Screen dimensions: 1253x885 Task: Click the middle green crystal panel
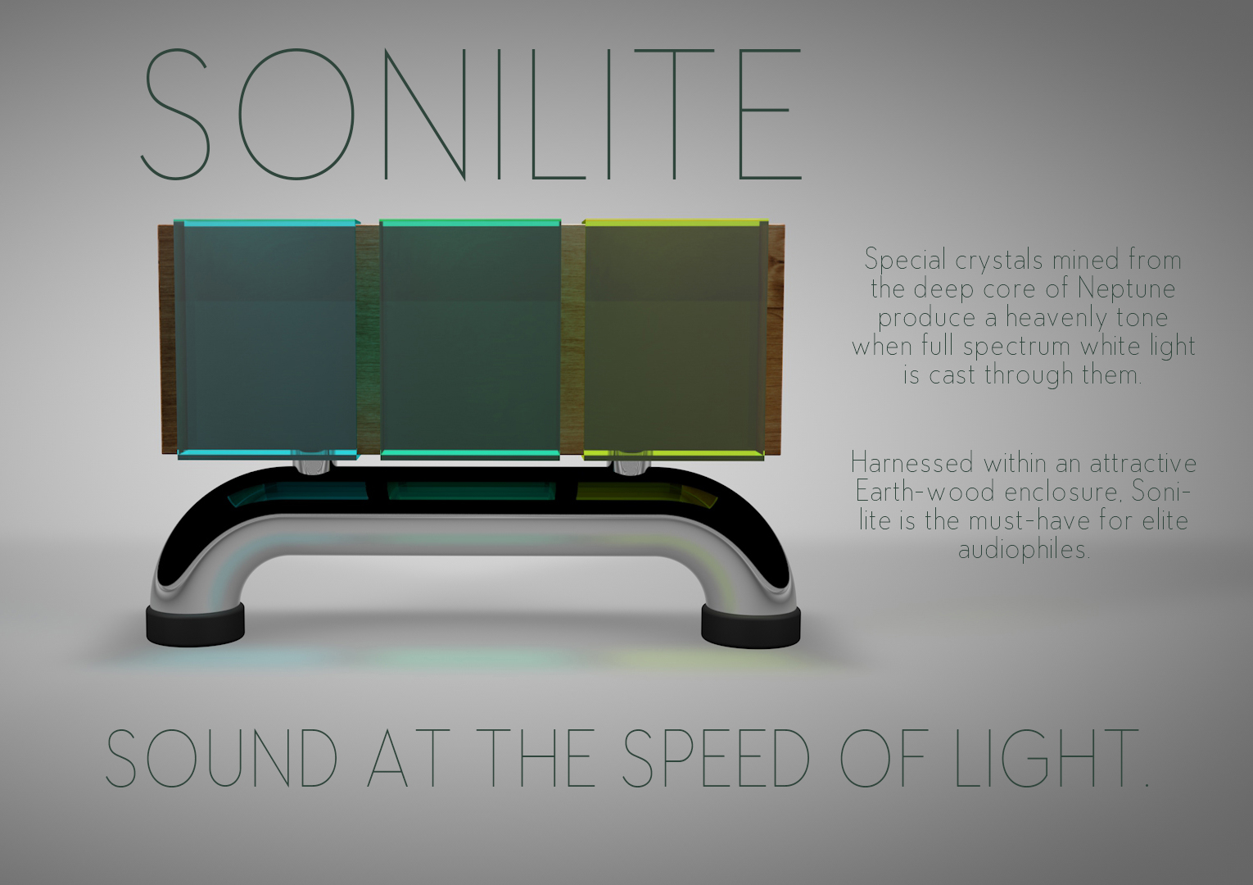pos(470,339)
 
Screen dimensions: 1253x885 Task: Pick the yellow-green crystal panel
pos(675,339)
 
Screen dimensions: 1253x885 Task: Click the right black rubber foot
pos(750,626)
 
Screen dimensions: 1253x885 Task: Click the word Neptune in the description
pos(1126,289)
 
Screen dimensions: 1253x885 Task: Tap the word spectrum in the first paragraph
pos(1016,347)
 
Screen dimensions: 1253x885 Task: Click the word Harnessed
pos(912,464)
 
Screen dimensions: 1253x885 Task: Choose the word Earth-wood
pos(925,492)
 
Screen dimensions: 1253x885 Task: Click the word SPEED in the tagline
pos(716,759)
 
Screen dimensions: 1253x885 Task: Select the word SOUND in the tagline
pos(221,759)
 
